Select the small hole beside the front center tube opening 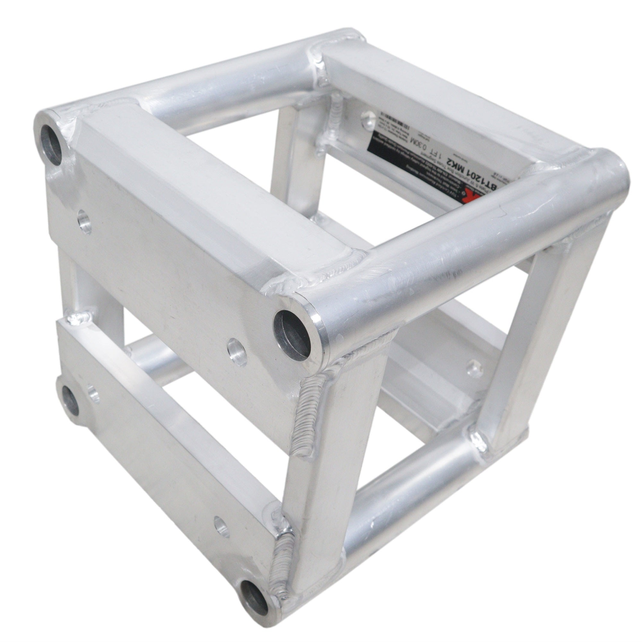[x=237, y=351]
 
